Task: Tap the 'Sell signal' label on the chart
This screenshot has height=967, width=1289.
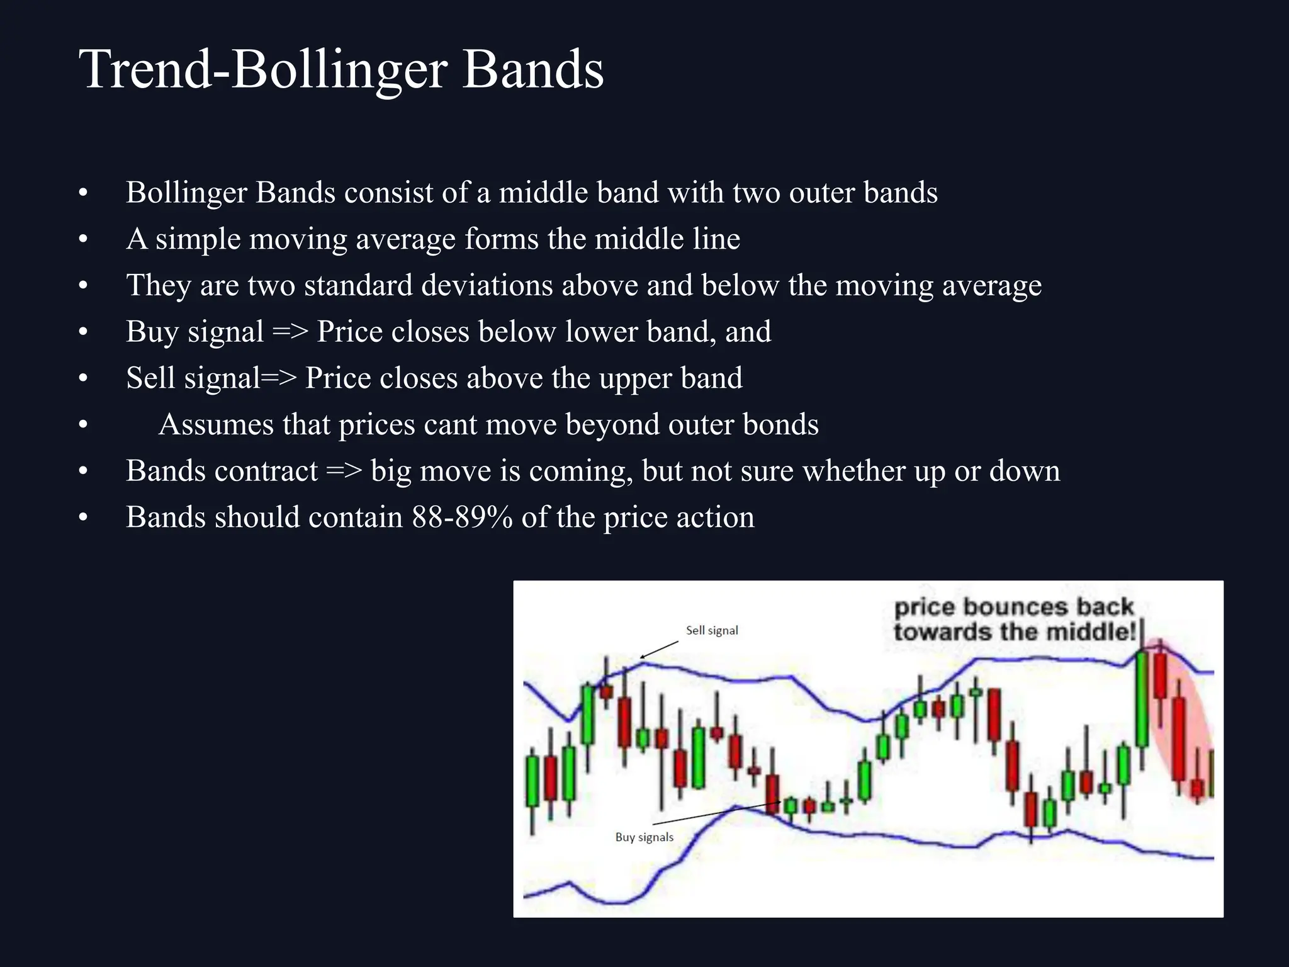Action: coord(712,630)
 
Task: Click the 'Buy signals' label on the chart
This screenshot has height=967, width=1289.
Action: coord(644,837)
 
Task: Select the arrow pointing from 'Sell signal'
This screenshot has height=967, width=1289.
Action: coord(659,650)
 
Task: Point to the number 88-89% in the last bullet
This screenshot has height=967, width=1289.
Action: coord(462,517)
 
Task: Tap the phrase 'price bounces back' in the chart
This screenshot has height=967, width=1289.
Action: coord(1013,607)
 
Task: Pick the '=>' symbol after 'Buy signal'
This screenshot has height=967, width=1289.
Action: coord(290,332)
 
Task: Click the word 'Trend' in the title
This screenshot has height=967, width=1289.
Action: coord(145,69)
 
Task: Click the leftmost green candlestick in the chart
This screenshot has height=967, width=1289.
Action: coord(532,781)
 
